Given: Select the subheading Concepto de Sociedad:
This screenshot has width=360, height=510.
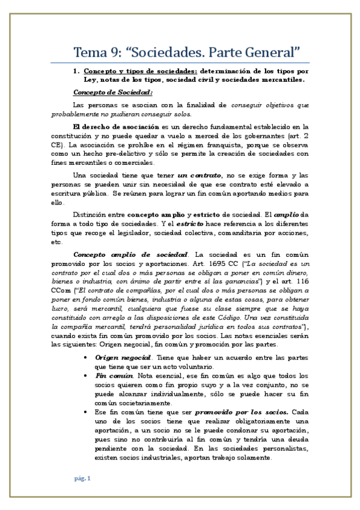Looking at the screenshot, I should pos(113,92).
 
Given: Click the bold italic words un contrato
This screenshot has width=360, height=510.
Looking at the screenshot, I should pos(194,176).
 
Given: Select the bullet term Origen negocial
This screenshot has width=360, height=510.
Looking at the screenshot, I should pos(119,357).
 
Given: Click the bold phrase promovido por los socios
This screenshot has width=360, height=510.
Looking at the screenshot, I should pos(248,413).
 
